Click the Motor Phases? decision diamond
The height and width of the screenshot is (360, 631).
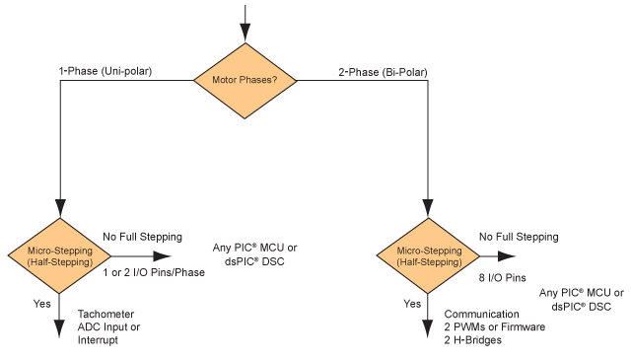[245, 80]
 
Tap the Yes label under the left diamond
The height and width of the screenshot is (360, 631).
[42, 305]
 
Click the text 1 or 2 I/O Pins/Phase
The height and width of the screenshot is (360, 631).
[154, 272]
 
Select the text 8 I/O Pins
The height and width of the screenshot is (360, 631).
[503, 279]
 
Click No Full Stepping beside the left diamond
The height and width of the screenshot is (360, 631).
[143, 237]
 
